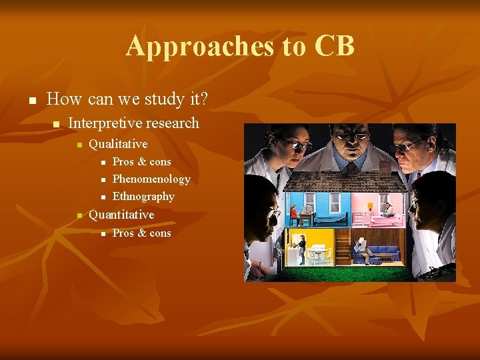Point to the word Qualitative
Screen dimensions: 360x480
[118, 144]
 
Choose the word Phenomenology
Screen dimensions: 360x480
[151, 179]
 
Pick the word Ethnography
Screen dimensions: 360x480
[143, 196]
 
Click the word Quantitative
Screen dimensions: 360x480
[121, 215]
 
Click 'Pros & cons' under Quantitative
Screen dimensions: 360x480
[141, 233]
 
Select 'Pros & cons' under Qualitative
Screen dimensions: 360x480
[141, 161]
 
